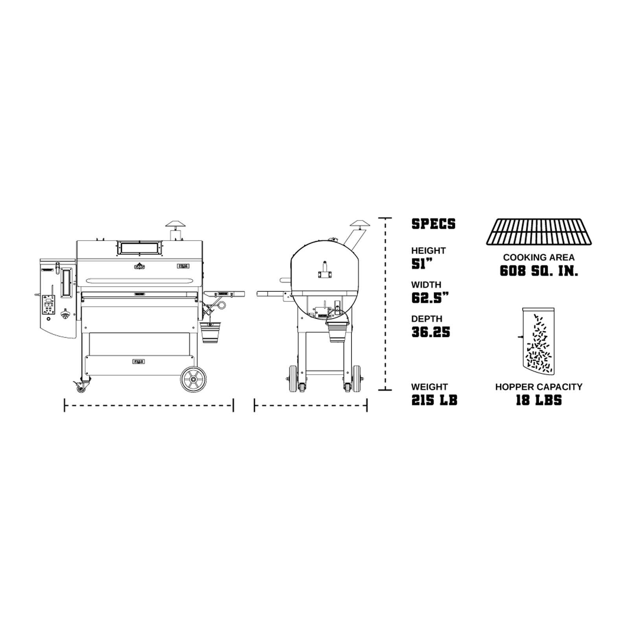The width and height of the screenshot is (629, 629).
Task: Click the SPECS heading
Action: [433, 224]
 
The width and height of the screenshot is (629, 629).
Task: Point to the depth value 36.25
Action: [430, 332]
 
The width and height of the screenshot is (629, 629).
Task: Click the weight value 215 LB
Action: [434, 400]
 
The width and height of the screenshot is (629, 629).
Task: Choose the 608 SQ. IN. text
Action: [539, 271]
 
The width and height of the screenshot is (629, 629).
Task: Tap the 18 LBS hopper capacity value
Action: [539, 400]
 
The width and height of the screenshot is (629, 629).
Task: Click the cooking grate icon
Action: [539, 232]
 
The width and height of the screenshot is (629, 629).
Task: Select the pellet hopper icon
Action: [538, 340]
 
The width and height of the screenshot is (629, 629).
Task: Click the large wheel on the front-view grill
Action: [193, 379]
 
